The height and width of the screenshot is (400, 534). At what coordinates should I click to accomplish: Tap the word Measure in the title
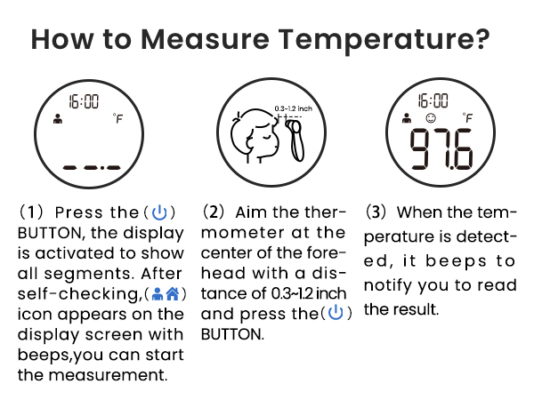208,41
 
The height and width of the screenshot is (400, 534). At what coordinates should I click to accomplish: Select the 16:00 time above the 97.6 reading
433,100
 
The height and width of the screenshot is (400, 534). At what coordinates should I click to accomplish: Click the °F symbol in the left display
117,119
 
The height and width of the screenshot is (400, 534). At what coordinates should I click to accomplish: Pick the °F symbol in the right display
467,118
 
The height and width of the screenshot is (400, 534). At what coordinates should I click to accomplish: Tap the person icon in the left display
58,118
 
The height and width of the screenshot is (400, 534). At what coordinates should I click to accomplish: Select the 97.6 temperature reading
439,149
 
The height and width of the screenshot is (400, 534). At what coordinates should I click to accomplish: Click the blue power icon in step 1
159,213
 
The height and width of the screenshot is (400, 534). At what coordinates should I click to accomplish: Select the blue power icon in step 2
335,313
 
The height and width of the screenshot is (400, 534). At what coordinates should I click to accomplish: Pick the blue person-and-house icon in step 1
168,293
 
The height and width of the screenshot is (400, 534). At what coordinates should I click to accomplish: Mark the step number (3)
378,213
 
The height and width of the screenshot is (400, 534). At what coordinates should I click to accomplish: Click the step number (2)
214,213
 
